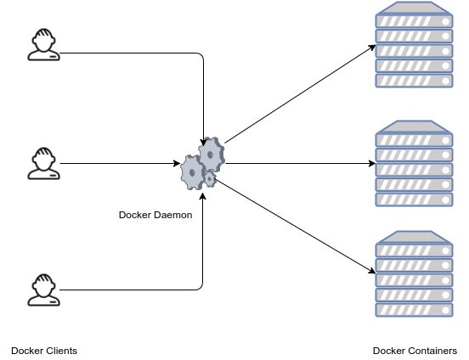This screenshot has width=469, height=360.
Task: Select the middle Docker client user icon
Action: pyautogui.click(x=43, y=163)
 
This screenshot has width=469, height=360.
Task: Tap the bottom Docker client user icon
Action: pyautogui.click(x=43, y=289)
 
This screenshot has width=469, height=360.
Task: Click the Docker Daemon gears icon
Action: pyautogui.click(x=201, y=165)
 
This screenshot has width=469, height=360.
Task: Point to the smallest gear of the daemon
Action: pyautogui.click(x=210, y=179)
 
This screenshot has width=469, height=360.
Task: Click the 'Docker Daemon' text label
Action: pyautogui.click(x=155, y=215)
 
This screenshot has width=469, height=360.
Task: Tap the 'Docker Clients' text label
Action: pyautogui.click(x=43, y=350)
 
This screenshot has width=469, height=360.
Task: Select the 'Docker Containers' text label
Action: pyautogui.click(x=415, y=350)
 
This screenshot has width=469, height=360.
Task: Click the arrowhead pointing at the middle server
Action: pyautogui.click(x=372, y=163)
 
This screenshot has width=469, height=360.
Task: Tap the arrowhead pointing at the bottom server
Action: pyautogui.click(x=372, y=271)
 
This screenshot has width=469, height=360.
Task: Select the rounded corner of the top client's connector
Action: pyautogui.click(x=201, y=57)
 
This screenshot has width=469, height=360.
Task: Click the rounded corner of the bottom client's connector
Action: pyautogui.click(x=201, y=287)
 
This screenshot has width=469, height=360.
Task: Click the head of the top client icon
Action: pyautogui.click(x=43, y=39)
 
